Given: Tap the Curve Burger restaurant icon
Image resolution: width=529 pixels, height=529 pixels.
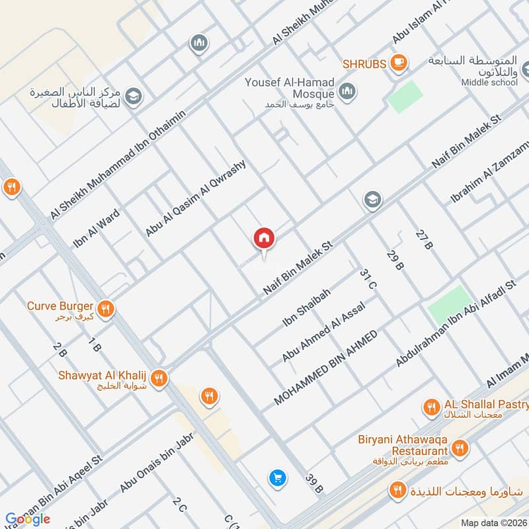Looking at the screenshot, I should click(105, 308).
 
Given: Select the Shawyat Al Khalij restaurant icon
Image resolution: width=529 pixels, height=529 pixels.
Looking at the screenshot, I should click(158, 379).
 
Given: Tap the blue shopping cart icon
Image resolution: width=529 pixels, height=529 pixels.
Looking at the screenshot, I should click(277, 477).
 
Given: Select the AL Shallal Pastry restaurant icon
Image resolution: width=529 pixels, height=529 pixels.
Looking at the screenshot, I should click(432, 407).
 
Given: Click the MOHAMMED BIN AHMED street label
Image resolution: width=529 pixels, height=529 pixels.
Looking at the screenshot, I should click(325, 368).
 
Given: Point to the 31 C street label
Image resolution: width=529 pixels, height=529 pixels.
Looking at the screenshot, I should click(368, 279).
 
